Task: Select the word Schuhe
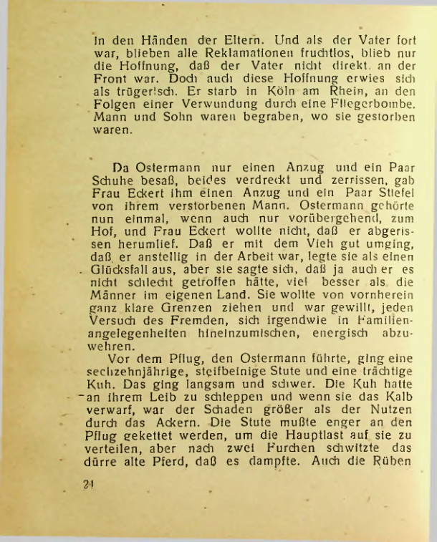113,180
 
